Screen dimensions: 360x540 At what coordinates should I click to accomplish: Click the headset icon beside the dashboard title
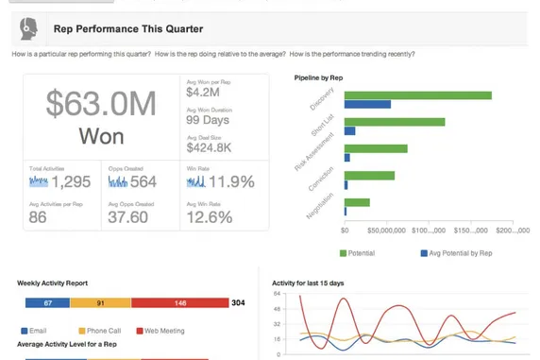click(x=28, y=29)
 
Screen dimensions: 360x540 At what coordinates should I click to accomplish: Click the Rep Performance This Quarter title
click(x=127, y=29)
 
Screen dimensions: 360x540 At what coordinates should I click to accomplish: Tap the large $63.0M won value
click(x=101, y=105)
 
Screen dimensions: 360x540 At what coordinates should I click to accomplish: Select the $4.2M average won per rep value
click(x=204, y=93)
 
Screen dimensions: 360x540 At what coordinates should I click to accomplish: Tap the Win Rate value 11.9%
click(x=231, y=181)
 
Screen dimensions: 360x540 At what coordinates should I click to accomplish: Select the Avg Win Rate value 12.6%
click(x=210, y=217)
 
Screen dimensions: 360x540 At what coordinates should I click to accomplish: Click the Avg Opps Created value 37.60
click(x=127, y=217)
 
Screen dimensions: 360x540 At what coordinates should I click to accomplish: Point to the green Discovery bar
click(x=417, y=95)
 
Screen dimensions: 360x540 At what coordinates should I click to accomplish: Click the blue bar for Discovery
click(x=367, y=104)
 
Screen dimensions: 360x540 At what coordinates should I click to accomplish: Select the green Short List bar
click(x=394, y=122)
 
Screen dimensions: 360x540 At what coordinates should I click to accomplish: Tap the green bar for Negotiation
click(x=357, y=202)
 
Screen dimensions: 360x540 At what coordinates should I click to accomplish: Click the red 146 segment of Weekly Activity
click(x=179, y=302)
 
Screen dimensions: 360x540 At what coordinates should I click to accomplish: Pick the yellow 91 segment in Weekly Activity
click(x=100, y=302)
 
